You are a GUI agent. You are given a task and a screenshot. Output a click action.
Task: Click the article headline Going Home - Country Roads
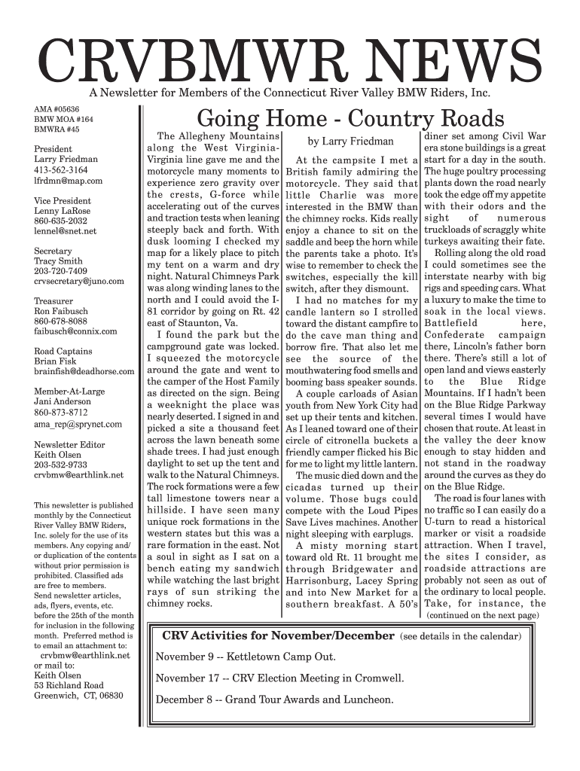click(350, 119)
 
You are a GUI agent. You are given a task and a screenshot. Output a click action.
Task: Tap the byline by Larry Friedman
click(351, 142)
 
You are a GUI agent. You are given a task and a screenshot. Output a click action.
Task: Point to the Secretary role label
click(53, 251)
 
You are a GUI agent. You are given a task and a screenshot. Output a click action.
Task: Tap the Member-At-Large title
click(68, 392)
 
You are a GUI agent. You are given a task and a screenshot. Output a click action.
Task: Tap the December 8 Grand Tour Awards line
click(274, 699)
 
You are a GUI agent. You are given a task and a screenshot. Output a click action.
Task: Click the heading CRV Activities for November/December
click(278, 635)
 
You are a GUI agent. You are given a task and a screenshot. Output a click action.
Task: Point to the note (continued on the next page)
click(483, 615)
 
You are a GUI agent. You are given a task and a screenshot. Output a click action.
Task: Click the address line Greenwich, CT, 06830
click(78, 696)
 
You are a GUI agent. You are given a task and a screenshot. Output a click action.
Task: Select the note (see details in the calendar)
click(460, 636)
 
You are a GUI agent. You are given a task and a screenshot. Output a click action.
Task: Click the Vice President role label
click(63, 201)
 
